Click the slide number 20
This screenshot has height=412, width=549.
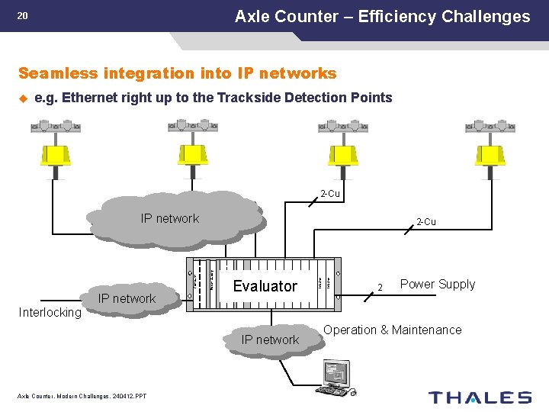point(22,15)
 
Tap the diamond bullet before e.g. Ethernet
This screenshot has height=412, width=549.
point(23,98)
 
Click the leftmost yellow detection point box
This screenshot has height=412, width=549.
point(55,154)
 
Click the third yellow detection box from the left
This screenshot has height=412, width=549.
point(342,154)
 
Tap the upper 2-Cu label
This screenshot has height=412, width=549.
point(329,194)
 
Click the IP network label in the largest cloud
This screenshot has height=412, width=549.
point(169,219)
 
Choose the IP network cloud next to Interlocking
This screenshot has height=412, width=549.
point(127,298)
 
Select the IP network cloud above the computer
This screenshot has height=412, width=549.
point(270,340)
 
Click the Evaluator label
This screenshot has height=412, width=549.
point(265,286)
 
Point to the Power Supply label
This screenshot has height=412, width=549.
point(437,285)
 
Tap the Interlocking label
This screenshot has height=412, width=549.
point(50,313)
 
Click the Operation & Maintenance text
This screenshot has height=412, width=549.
point(393,330)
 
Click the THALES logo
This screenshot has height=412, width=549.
point(480,397)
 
